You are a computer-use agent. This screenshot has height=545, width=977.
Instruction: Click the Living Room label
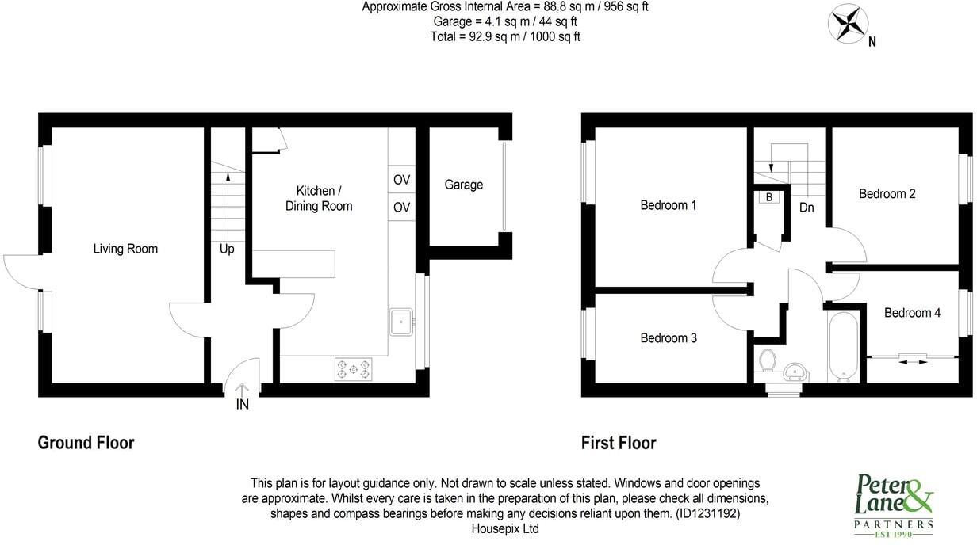125,249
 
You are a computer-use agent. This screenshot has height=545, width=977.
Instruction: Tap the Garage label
463,185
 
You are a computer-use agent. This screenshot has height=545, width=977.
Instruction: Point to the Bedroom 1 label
669,205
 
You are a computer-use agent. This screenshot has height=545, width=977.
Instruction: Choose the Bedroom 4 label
912,313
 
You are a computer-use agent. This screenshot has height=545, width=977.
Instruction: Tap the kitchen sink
400,322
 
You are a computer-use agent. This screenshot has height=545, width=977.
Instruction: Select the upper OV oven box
401,180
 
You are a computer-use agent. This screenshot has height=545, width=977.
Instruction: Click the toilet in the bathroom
767,360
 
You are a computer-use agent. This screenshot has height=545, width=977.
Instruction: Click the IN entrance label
243,405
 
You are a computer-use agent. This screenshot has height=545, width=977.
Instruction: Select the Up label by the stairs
227,249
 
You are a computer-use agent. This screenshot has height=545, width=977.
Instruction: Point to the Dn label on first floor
807,208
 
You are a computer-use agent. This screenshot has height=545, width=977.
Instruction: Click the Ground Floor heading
86,442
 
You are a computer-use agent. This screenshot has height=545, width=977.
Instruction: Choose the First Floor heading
619,442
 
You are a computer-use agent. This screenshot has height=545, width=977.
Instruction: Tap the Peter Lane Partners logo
893,504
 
